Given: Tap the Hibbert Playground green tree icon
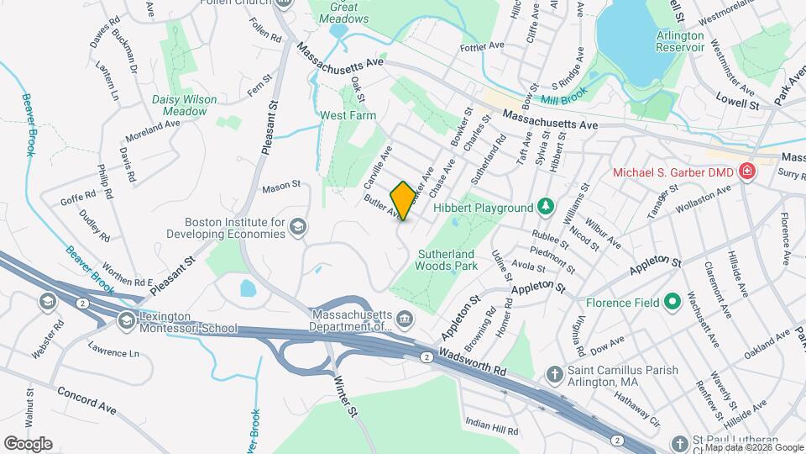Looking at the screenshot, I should click(546, 206).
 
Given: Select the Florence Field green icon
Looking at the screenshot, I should click(673, 300).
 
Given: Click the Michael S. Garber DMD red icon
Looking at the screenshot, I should click(747, 172).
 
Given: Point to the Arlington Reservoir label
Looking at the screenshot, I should click(681, 41).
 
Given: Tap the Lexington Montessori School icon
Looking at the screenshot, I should click(126, 319).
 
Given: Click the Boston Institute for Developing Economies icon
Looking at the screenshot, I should click(298, 226).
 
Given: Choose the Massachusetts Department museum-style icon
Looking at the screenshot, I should click(405, 318).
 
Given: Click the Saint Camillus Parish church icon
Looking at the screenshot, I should click(553, 373).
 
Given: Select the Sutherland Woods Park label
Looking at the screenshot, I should click(446, 260).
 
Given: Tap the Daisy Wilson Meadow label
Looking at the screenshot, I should click(185, 104).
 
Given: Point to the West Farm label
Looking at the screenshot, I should click(348, 114).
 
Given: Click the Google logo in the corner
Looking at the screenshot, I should click(28, 444).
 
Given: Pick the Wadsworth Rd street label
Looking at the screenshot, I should click(473, 363).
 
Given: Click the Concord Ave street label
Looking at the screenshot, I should click(86, 399).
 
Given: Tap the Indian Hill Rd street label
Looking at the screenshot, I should click(492, 426).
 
